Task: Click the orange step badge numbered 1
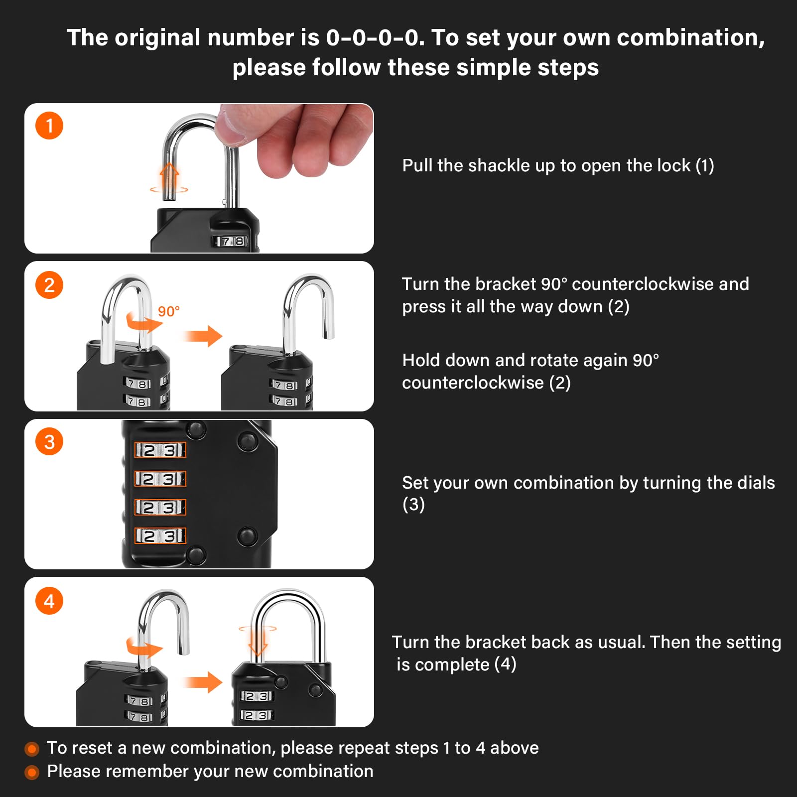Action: [49, 126]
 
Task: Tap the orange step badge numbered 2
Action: [49, 285]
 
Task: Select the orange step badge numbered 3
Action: [49, 441]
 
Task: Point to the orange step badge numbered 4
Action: [49, 601]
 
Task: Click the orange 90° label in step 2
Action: [169, 311]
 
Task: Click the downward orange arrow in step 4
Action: [258, 643]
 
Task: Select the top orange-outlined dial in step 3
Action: [160, 450]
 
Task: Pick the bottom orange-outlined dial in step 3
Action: [160, 535]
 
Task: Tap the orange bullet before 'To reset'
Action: [32, 749]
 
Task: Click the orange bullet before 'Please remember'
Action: [32, 772]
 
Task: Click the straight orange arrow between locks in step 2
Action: [203, 336]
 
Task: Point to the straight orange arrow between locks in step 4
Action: [203, 682]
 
